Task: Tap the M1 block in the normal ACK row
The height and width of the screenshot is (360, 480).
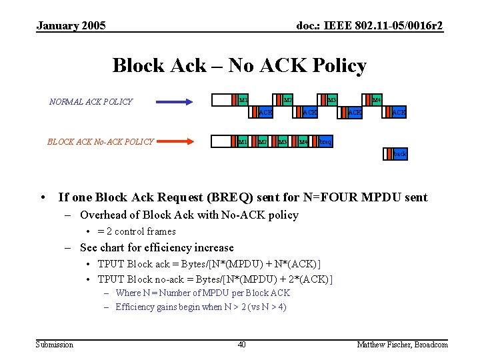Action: [x=243, y=100]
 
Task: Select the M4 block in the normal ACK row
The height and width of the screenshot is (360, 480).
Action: [x=375, y=100]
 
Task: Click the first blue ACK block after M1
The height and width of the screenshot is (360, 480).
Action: [x=265, y=113]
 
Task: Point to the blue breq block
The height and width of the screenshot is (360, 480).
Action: [x=325, y=141]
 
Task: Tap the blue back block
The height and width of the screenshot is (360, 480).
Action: [x=399, y=154]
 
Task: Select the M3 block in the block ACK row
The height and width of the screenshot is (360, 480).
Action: [x=282, y=141]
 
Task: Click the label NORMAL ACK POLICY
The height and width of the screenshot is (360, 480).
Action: [x=91, y=102]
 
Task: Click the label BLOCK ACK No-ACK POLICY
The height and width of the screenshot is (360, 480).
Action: [x=101, y=141]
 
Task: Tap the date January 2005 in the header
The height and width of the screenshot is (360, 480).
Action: [x=71, y=26]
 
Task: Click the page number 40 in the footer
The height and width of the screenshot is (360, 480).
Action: [x=241, y=344]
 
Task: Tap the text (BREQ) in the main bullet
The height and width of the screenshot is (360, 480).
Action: [x=230, y=197]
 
